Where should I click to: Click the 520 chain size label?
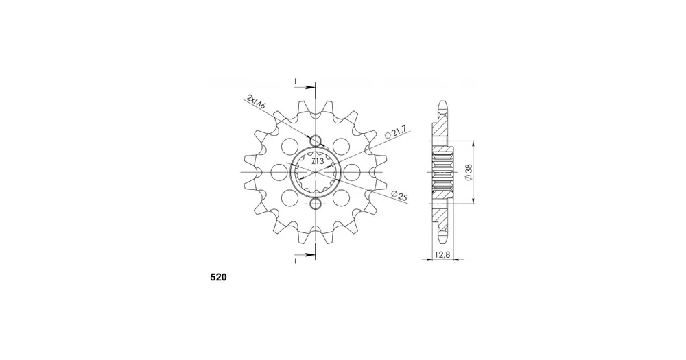pos(219,277)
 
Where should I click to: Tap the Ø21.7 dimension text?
pos(396,132)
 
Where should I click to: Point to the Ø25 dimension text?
pos(399,196)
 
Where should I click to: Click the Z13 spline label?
pos(317,161)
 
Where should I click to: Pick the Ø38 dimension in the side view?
pos(468,172)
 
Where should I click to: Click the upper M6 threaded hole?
pos(316,141)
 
